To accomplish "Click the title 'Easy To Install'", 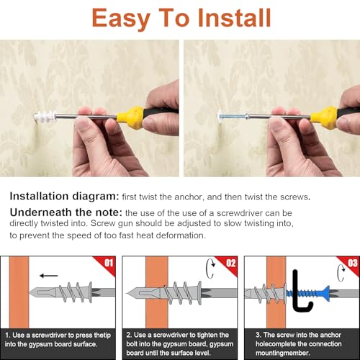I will [180, 17].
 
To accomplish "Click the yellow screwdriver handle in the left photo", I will [133, 114].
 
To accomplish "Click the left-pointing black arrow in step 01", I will [50, 274].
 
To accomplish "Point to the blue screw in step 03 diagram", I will [317, 294].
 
